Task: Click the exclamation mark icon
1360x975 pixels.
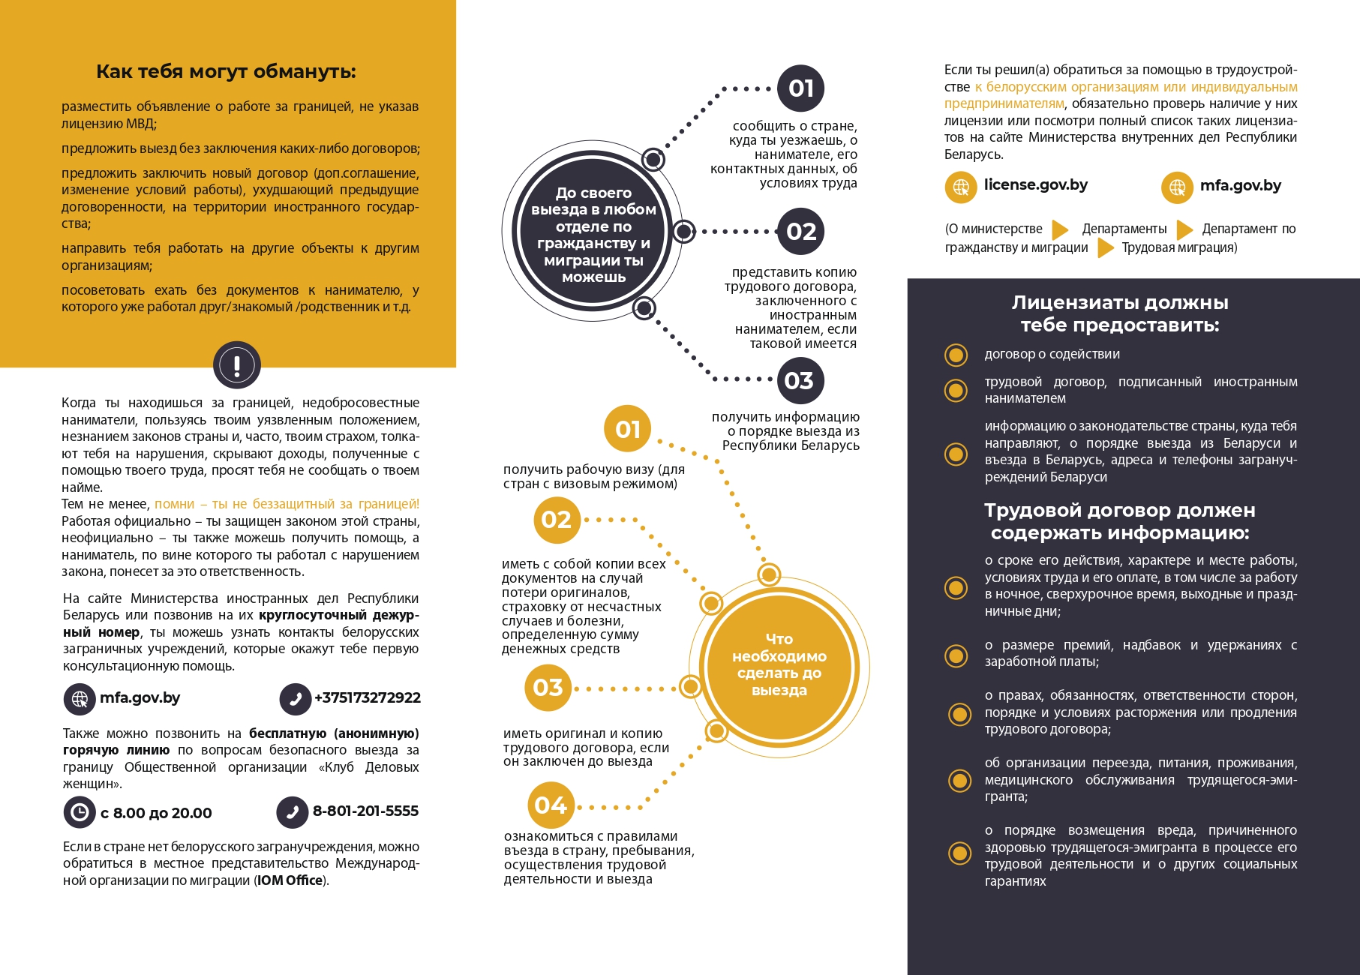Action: click(x=237, y=365)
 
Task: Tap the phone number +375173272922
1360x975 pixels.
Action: click(x=367, y=698)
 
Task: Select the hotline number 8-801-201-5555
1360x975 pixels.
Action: click(x=365, y=811)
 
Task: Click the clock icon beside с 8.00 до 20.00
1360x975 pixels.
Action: click(x=79, y=812)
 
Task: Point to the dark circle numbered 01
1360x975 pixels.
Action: click(x=800, y=88)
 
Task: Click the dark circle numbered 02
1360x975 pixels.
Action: click(x=800, y=232)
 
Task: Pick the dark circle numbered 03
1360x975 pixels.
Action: click(x=799, y=381)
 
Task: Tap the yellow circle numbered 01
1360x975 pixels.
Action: click(x=627, y=429)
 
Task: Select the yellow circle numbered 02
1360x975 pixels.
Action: click(x=556, y=520)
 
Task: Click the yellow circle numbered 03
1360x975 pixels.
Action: click(x=548, y=688)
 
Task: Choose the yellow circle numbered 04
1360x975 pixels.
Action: click(x=551, y=805)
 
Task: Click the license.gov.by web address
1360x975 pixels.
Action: click(x=1035, y=185)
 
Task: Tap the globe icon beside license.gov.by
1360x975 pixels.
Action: click(x=960, y=187)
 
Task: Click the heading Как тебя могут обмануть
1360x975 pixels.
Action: click(x=226, y=72)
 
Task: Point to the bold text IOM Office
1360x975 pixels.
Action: click(x=290, y=880)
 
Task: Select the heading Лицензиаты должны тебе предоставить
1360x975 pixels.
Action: click(x=1119, y=313)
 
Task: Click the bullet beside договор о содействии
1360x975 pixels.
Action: click(x=956, y=355)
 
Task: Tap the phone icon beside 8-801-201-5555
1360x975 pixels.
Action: click(x=293, y=812)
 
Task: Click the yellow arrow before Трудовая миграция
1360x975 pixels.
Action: click(x=1105, y=247)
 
